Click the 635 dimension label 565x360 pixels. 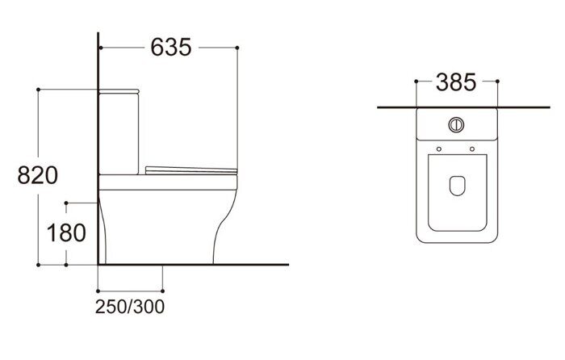[x=171, y=47]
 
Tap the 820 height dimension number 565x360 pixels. [x=37, y=175]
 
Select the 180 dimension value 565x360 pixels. [x=66, y=232]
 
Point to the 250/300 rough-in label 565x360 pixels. [x=130, y=307]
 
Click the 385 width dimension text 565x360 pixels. [x=456, y=82]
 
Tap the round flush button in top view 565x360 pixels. [x=456, y=124]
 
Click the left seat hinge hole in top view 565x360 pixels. [x=439, y=149]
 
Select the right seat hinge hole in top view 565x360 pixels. [x=472, y=149]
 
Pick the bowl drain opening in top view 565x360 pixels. [x=458, y=186]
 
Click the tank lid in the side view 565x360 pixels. [x=119, y=91]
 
